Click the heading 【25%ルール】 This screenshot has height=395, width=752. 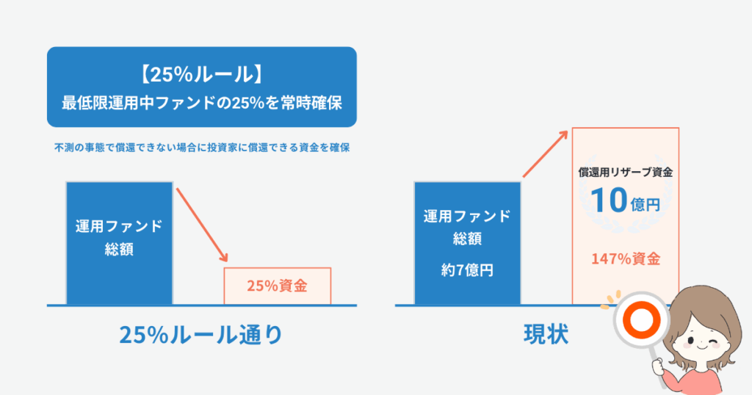point(201,75)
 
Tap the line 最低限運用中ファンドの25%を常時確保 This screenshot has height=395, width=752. point(201,103)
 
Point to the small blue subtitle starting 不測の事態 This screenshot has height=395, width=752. point(201,148)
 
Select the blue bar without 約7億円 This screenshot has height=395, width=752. point(120,243)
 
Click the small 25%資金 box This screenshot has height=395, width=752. point(277,286)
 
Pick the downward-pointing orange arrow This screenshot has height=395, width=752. point(202,225)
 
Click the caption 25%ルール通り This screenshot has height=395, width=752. point(201,335)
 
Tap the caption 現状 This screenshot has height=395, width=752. point(546,335)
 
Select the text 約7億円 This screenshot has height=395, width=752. point(467,270)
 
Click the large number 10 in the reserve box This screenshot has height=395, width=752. point(609,200)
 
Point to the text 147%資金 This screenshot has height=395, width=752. point(626,259)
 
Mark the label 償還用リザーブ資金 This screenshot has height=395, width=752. point(626,173)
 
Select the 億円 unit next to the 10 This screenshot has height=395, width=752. point(646,205)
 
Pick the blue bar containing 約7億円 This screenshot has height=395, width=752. point(467,243)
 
